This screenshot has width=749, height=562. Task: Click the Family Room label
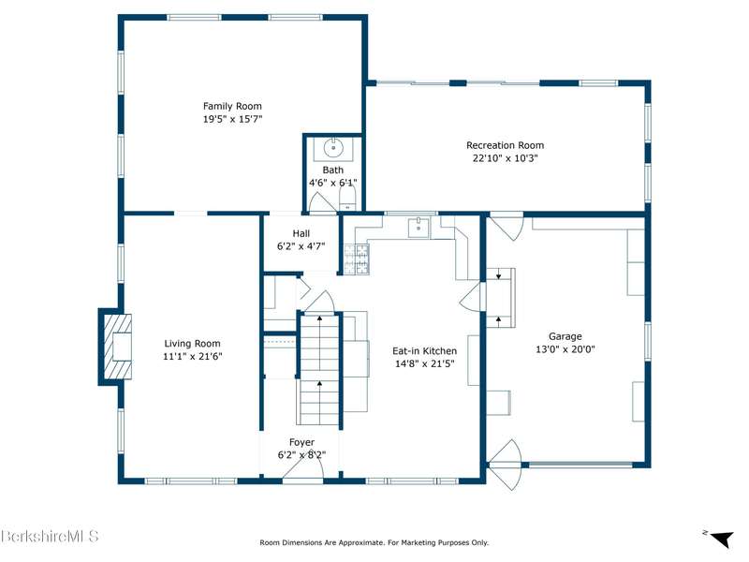[232, 106]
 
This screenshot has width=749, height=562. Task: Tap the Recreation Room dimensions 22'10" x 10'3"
[505, 158]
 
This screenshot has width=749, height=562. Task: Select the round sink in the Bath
[333, 148]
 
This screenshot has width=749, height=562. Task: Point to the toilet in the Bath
[347, 198]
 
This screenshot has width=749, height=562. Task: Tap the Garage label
[565, 336]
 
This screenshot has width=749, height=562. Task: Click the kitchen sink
[419, 228]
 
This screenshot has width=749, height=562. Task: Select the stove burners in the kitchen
[357, 259]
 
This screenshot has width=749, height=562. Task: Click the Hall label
[301, 233]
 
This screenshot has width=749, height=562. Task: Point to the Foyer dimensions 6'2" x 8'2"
[301, 455]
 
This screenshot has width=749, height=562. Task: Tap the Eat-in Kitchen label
[424, 350]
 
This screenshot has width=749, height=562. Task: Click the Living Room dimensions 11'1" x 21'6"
[193, 356]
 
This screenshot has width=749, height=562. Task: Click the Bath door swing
[321, 200]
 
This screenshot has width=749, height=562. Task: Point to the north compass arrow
[721, 539]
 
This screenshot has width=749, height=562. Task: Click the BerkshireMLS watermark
[50, 536]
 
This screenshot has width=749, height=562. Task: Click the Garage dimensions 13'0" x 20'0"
[565, 349]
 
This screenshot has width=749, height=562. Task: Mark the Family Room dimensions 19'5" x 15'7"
[232, 119]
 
